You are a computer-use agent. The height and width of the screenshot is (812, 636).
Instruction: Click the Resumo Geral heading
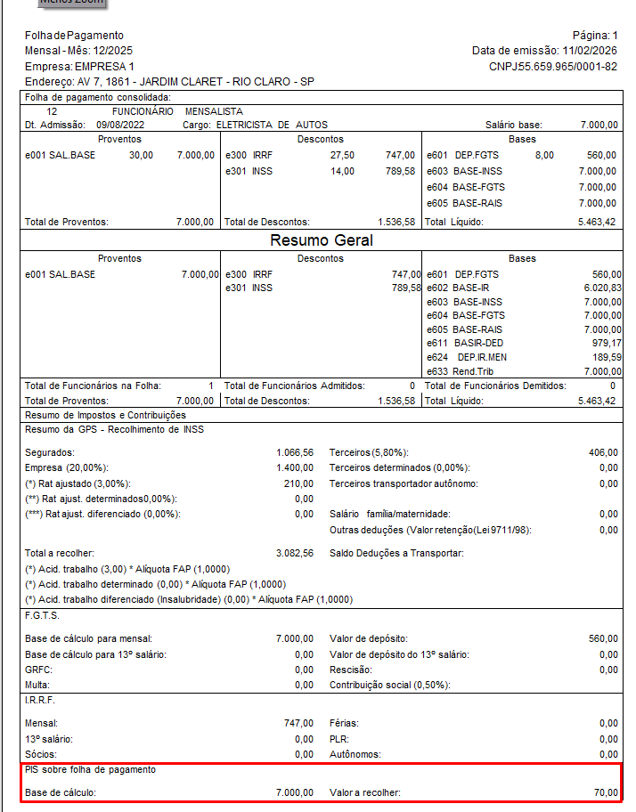[322, 240]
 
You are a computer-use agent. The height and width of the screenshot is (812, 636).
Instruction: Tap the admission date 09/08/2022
[120, 126]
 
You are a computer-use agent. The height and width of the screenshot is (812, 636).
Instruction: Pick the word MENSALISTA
[215, 111]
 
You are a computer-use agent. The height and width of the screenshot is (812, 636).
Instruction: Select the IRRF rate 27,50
[342, 155]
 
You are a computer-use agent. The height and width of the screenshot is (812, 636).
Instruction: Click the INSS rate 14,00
[342, 171]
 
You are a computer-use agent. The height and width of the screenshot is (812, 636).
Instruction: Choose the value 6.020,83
[602, 288]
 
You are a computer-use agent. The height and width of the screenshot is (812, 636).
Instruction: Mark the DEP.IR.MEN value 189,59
[604, 357]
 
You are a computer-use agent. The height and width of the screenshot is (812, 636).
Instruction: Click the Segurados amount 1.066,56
[295, 452]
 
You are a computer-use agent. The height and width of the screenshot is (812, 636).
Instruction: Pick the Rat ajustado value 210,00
[298, 483]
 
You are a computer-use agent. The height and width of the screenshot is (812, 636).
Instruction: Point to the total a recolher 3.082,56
[295, 553]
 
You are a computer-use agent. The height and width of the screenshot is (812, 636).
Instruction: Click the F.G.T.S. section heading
[43, 615]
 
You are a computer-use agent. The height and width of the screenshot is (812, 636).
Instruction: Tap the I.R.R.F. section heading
[40, 701]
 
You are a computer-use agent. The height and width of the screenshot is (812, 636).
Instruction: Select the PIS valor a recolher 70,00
[606, 792]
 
